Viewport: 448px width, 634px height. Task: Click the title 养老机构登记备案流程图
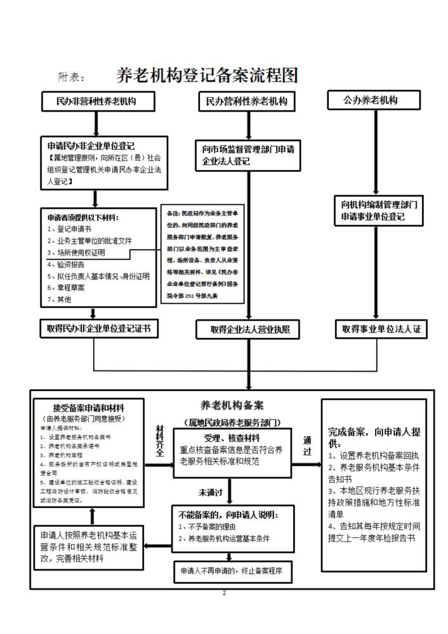pyautogui.click(x=207, y=75)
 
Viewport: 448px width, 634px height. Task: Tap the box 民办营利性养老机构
pyautogui.click(x=247, y=101)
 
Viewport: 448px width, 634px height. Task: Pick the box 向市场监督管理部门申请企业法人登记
pyautogui.click(x=247, y=155)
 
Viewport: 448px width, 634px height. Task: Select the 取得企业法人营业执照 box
pyautogui.click(x=246, y=330)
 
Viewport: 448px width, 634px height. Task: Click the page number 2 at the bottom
pyautogui.click(x=224, y=593)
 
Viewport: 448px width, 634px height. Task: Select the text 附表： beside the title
pyautogui.click(x=72, y=77)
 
